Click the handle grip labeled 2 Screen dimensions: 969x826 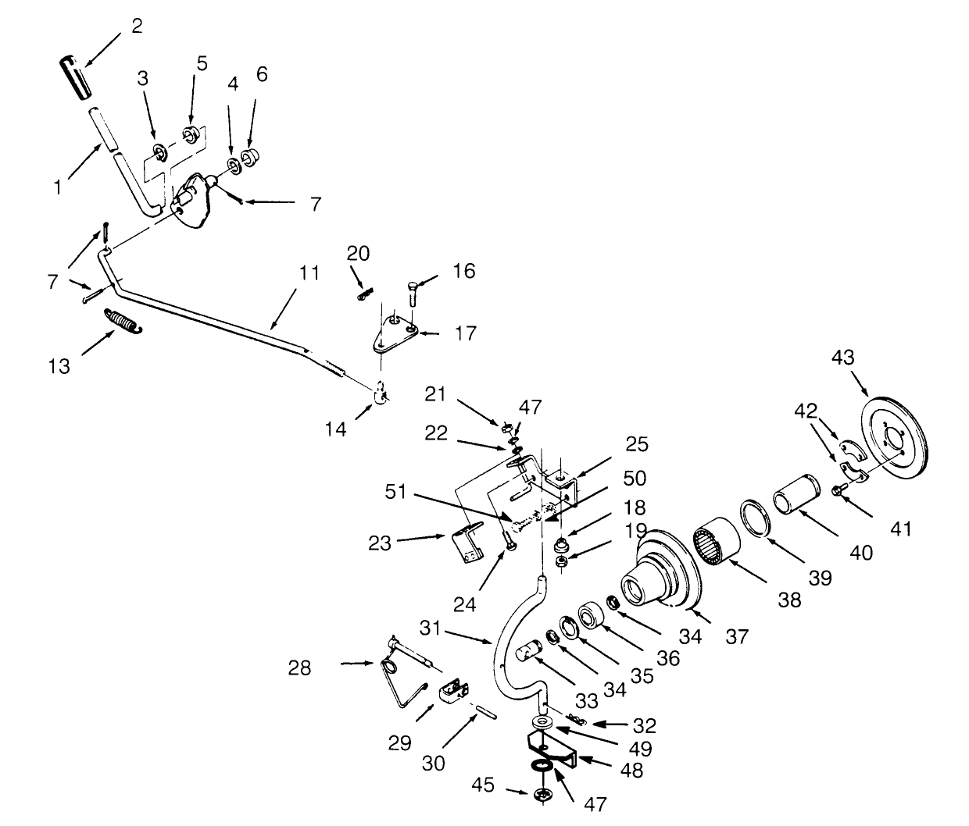tap(76, 78)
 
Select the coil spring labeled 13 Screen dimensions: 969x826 tap(123, 321)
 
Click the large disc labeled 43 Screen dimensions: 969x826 tap(896, 438)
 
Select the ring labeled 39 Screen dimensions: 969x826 tap(756, 518)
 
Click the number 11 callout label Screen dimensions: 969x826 tap(309, 273)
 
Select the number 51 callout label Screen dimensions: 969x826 tap(396, 492)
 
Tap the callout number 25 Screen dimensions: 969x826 tap(637, 444)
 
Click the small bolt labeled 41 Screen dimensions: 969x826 tap(838, 491)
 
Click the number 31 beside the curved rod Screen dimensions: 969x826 tap(431, 628)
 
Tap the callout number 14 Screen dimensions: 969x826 tap(336, 429)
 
